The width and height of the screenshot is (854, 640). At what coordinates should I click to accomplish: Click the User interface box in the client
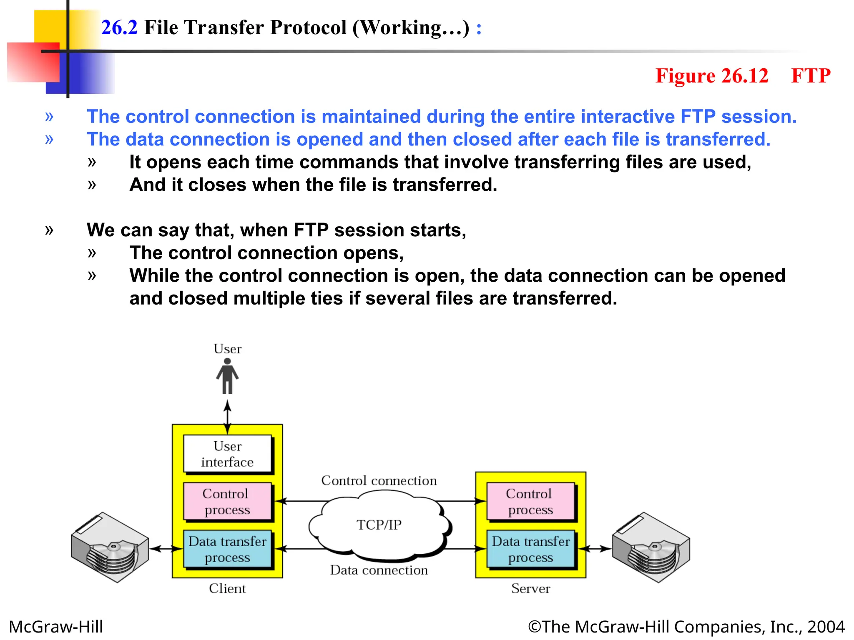coord(227,454)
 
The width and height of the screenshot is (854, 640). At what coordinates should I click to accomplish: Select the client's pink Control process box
coord(227,502)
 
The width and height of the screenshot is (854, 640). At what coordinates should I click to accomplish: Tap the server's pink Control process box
coord(530,502)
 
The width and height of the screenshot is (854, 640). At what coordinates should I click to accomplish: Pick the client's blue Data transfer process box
coord(227,549)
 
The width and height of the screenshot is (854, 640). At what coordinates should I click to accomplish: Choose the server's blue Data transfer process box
coord(530,549)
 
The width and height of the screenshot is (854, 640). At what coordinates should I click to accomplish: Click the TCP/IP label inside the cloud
coord(379,525)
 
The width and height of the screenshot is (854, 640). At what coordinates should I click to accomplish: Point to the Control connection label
coord(379,480)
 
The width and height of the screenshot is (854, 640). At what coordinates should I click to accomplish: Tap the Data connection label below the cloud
coord(379,570)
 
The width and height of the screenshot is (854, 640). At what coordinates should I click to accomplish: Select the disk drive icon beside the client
coord(110,547)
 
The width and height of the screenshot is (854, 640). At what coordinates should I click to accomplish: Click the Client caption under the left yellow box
coord(227,588)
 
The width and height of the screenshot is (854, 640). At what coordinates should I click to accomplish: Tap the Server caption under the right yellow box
coord(530,588)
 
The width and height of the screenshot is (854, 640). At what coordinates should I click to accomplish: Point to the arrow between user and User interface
coord(227,417)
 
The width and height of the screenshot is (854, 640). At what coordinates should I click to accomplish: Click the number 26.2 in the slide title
coord(119,27)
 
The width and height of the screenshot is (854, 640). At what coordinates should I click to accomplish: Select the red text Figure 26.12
coord(711,76)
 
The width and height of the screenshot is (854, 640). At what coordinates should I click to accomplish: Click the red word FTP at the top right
coord(811,76)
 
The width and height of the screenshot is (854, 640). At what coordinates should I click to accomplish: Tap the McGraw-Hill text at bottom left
coord(56,627)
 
